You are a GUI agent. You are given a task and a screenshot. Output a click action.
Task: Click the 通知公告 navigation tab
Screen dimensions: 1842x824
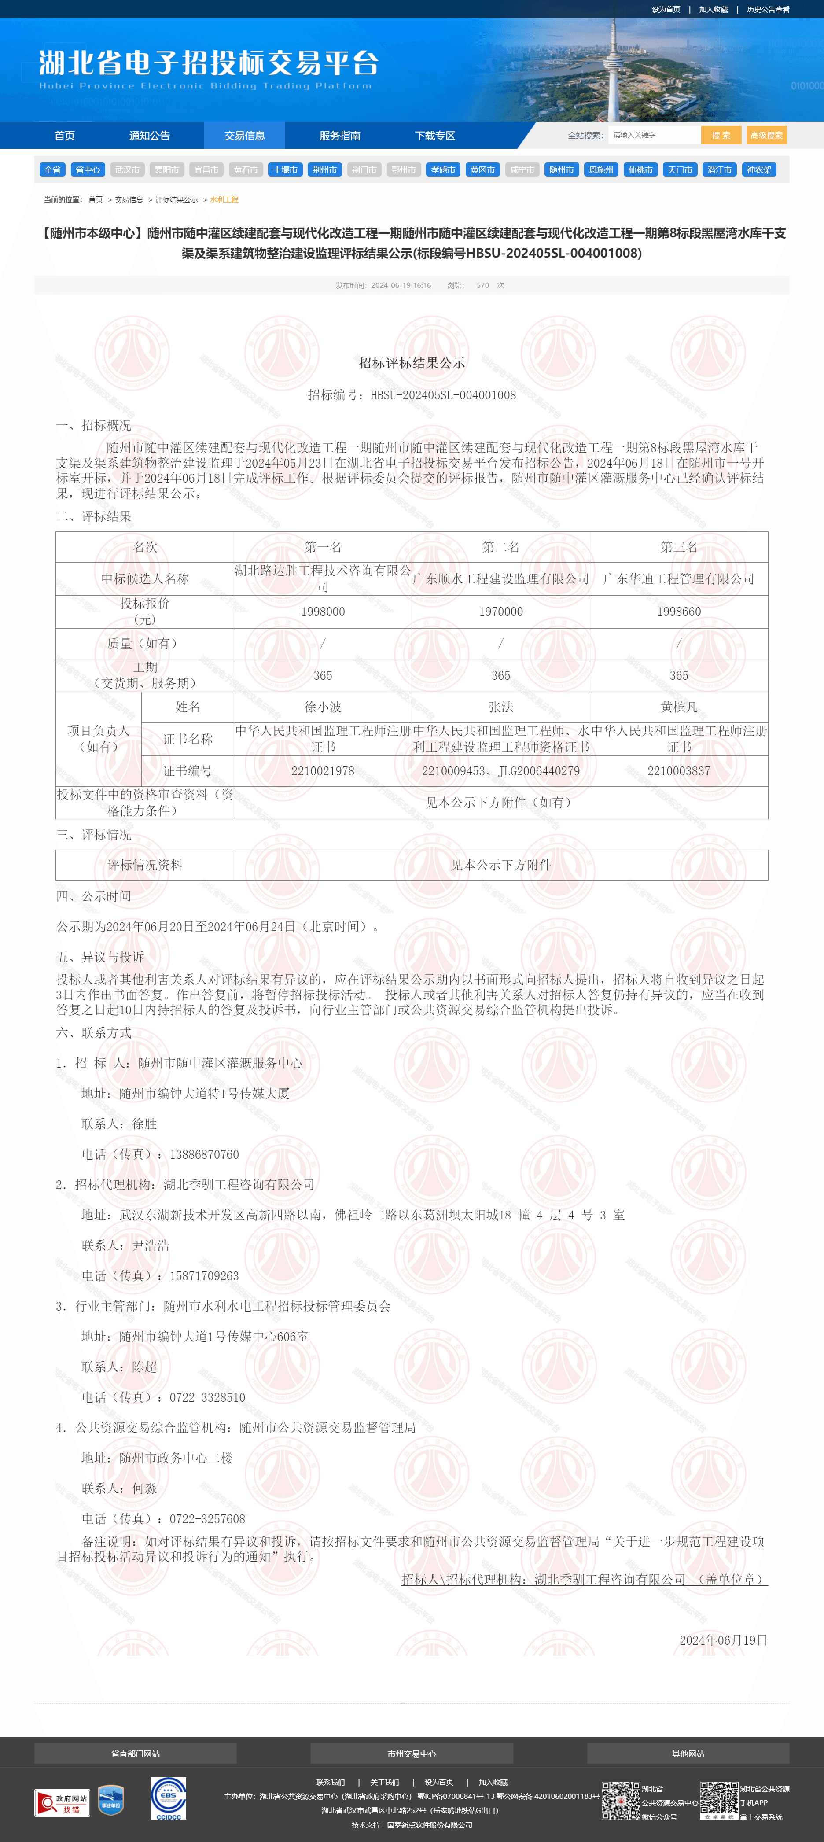(149, 135)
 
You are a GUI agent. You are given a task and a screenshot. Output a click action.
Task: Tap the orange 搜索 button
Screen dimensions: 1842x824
(721, 135)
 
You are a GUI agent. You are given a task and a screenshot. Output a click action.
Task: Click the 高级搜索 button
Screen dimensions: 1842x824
(766, 135)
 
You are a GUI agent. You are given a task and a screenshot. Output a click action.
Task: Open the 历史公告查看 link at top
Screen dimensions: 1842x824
(768, 9)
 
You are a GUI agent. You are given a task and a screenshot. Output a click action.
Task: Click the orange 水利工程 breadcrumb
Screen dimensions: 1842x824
(224, 199)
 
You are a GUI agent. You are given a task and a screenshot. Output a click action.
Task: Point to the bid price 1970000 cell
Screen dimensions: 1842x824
(500, 612)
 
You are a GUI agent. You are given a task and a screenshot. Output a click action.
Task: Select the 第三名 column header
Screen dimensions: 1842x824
(678, 547)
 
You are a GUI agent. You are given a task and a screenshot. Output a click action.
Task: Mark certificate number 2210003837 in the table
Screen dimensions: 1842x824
(678, 771)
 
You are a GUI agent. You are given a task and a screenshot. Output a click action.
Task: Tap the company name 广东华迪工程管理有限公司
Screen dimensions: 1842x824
(678, 578)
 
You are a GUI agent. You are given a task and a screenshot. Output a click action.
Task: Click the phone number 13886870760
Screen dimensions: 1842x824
(204, 1154)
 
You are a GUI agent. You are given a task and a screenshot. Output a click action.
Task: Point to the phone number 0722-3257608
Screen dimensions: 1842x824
(207, 1519)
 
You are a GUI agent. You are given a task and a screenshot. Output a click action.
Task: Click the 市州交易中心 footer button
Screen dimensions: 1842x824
(412, 1754)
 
